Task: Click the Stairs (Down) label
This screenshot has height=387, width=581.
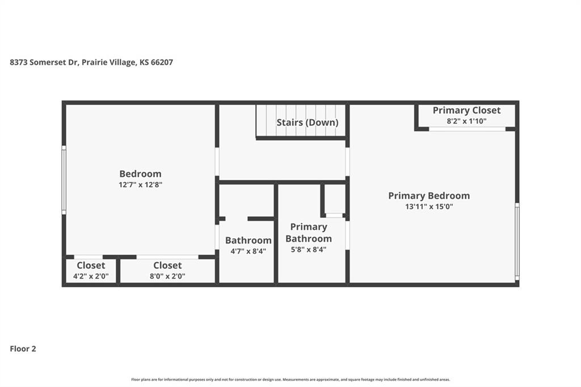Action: pyautogui.click(x=308, y=123)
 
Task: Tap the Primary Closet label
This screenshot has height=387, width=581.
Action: pyautogui.click(x=466, y=111)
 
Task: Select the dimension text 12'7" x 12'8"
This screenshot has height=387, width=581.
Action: pyautogui.click(x=141, y=184)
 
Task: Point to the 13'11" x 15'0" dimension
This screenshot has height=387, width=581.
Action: pyautogui.click(x=429, y=207)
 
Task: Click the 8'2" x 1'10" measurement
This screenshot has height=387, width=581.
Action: pyautogui.click(x=466, y=121)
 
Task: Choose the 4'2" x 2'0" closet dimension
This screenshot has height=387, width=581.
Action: pyautogui.click(x=91, y=276)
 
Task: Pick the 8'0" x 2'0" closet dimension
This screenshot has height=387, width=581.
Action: pyautogui.click(x=167, y=276)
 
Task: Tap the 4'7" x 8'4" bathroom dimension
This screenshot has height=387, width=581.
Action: pyautogui.click(x=249, y=251)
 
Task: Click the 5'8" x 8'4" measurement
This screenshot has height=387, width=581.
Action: pyautogui.click(x=309, y=250)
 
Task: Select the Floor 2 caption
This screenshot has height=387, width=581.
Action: pyautogui.click(x=23, y=349)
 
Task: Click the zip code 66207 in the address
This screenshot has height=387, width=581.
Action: pyautogui.click(x=162, y=62)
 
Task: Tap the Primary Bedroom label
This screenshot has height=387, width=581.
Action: pyautogui.click(x=429, y=196)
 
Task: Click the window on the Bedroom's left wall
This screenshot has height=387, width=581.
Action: pyautogui.click(x=64, y=180)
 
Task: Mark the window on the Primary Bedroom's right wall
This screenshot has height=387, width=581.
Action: pyautogui.click(x=517, y=241)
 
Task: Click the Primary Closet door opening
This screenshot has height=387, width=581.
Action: pyautogui.click(x=468, y=129)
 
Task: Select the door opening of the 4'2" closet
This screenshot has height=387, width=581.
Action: pyautogui.click(x=89, y=257)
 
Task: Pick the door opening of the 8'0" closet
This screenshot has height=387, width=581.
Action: pyautogui.click(x=167, y=257)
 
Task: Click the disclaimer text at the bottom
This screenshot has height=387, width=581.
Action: pyautogui.click(x=290, y=380)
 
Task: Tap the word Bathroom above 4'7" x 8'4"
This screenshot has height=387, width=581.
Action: pyautogui.click(x=249, y=241)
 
